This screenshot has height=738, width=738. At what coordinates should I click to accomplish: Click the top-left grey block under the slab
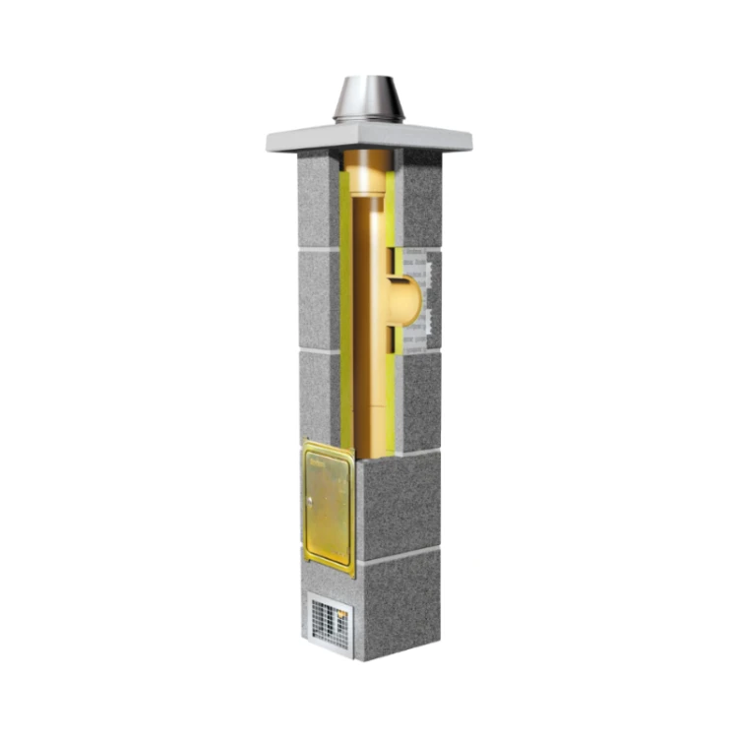318,202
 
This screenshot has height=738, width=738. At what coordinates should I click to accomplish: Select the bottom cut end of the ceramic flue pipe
372,448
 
